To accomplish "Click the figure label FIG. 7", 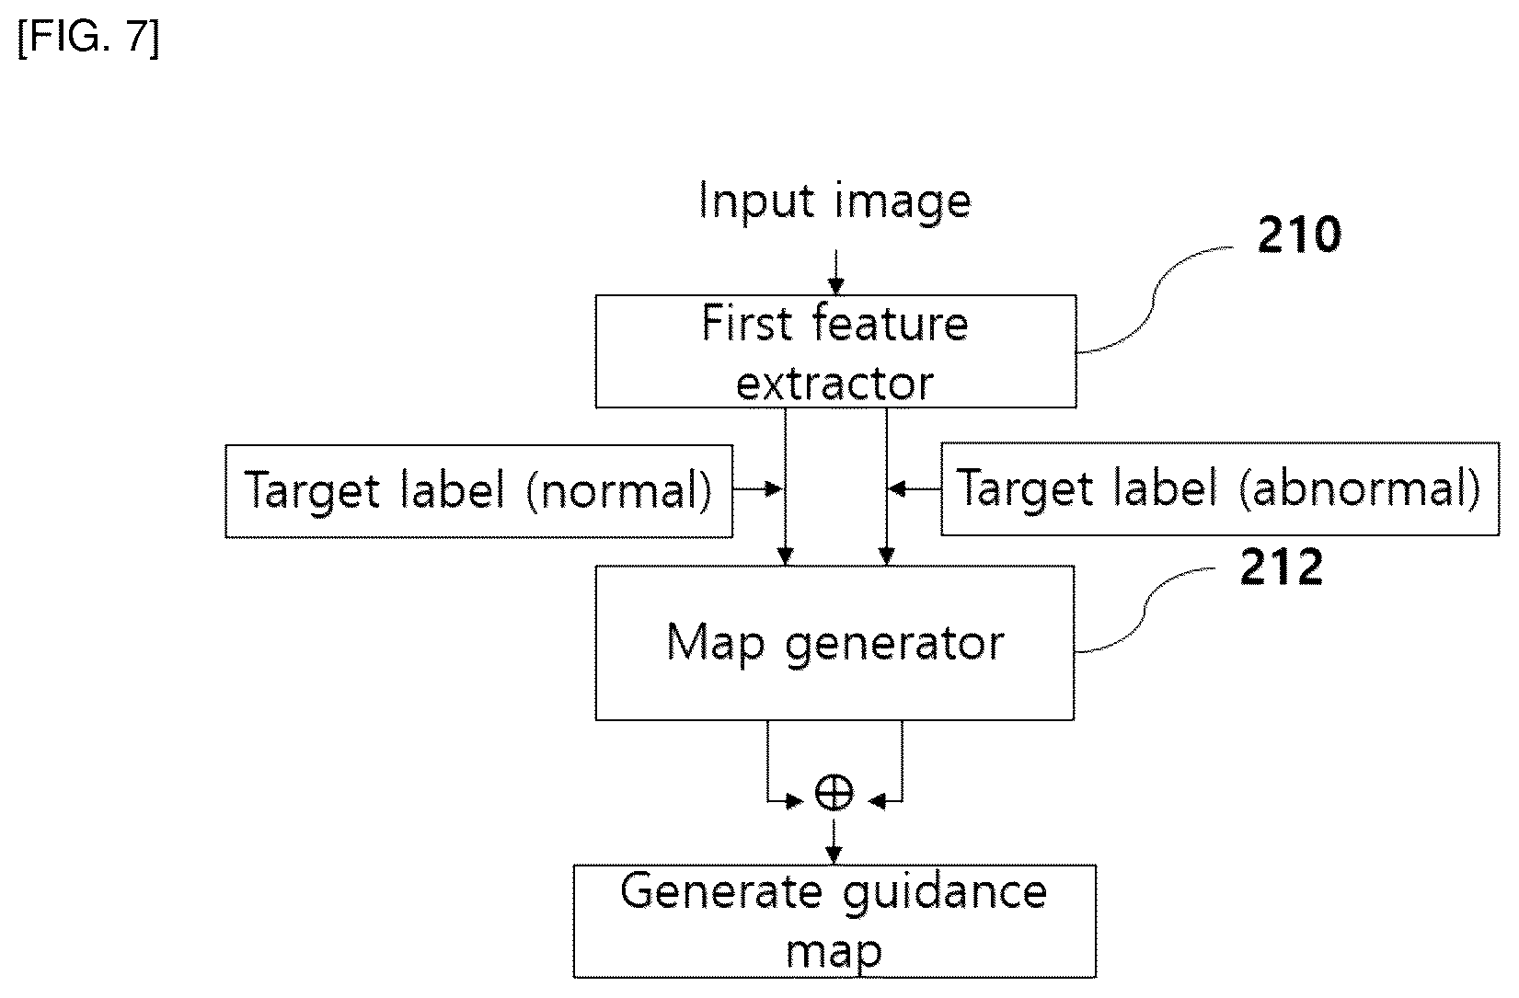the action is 88,38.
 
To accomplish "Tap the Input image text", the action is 834,201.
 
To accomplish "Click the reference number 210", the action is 1298,235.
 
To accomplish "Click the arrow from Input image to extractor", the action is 836,272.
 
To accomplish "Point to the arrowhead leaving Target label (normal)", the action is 774,488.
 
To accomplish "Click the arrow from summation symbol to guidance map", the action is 834,841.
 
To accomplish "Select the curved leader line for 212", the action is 1145,610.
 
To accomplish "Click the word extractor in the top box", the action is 834,384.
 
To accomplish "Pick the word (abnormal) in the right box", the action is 1360,488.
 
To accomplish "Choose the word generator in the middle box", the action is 894,645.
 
